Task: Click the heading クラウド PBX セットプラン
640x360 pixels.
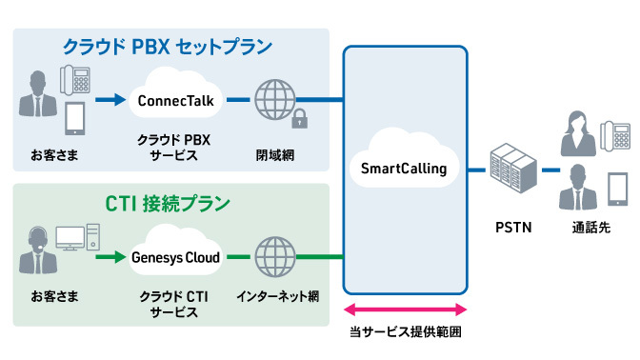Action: (167, 46)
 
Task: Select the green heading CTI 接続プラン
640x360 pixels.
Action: (168, 204)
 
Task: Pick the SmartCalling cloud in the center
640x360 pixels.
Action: (404, 168)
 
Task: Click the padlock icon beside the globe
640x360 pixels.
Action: (299, 119)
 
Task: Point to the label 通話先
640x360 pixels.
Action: (590, 228)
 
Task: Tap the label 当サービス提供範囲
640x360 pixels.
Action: (404, 334)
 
